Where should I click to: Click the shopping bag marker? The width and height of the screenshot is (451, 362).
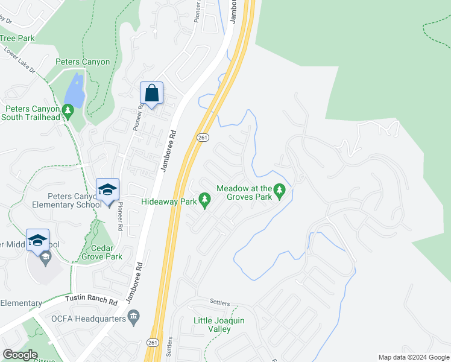152,94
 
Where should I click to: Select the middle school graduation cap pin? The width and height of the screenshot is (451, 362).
37,241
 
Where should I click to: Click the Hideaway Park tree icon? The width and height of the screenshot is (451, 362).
205,198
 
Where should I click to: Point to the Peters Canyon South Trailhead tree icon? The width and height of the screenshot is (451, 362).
69,110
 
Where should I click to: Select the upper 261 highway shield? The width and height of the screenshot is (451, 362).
203,138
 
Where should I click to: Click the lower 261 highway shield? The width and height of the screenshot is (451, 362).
153,343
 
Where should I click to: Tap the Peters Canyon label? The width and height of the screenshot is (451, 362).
83,62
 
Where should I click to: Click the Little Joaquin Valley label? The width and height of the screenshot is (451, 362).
219,325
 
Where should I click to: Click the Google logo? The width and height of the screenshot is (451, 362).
20,355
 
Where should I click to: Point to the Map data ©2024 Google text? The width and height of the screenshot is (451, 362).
414,357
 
